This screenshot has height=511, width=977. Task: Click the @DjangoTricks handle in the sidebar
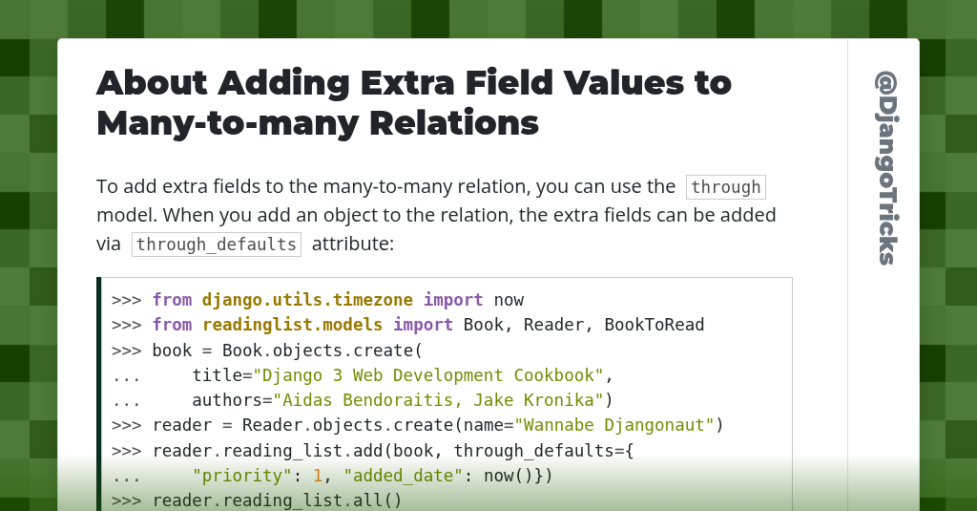point(884,168)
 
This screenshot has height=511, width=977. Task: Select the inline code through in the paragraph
point(725,187)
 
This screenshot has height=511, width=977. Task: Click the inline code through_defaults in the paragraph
point(217,244)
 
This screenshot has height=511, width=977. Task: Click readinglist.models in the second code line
point(292,325)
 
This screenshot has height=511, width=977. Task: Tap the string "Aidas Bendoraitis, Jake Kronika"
point(438,400)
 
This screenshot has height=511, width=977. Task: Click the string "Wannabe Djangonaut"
point(614,425)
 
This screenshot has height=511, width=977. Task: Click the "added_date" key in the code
point(403,476)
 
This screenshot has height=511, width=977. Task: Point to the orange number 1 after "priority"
point(318,476)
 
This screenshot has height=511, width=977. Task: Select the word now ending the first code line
point(509,300)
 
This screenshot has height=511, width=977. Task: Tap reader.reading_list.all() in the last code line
point(277,500)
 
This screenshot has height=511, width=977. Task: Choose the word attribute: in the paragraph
point(352,244)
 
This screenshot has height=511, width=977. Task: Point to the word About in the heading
point(152,83)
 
